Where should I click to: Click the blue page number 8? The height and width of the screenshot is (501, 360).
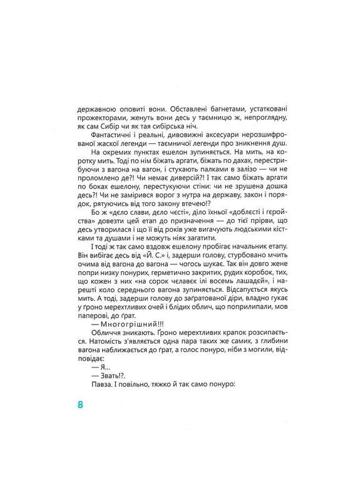click(x=81, y=404)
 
